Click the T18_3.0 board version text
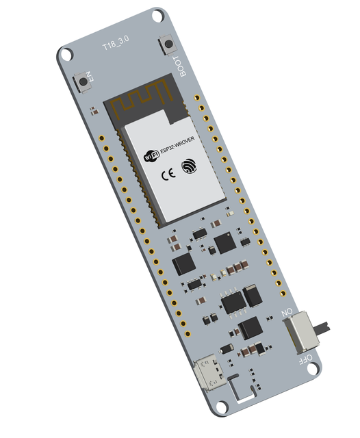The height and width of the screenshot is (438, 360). click(114, 45)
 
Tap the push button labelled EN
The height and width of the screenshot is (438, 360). click(86, 80)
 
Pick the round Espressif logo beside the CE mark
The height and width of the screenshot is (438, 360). click(188, 165)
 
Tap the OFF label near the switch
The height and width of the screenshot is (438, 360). click(305, 358)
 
